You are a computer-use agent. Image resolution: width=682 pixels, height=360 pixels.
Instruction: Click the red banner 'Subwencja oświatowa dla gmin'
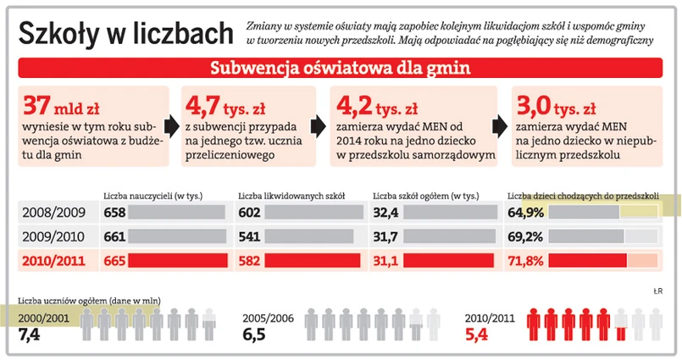click(x=340, y=69)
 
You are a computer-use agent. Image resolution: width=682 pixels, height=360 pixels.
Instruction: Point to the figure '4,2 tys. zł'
click(x=377, y=107)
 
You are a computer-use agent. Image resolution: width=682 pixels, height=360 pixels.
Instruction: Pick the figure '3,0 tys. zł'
click(x=557, y=107)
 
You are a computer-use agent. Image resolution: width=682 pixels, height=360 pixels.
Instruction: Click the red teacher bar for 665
click(x=179, y=261)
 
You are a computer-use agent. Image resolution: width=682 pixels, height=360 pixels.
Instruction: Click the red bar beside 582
click(x=314, y=261)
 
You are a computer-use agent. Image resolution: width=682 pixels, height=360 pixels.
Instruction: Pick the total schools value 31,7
click(x=385, y=236)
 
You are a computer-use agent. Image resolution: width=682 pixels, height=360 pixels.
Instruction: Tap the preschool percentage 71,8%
click(x=525, y=261)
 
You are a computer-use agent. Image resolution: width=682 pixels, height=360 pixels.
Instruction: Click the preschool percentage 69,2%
click(x=525, y=236)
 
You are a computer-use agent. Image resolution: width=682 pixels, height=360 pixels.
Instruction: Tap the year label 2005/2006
click(x=269, y=318)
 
